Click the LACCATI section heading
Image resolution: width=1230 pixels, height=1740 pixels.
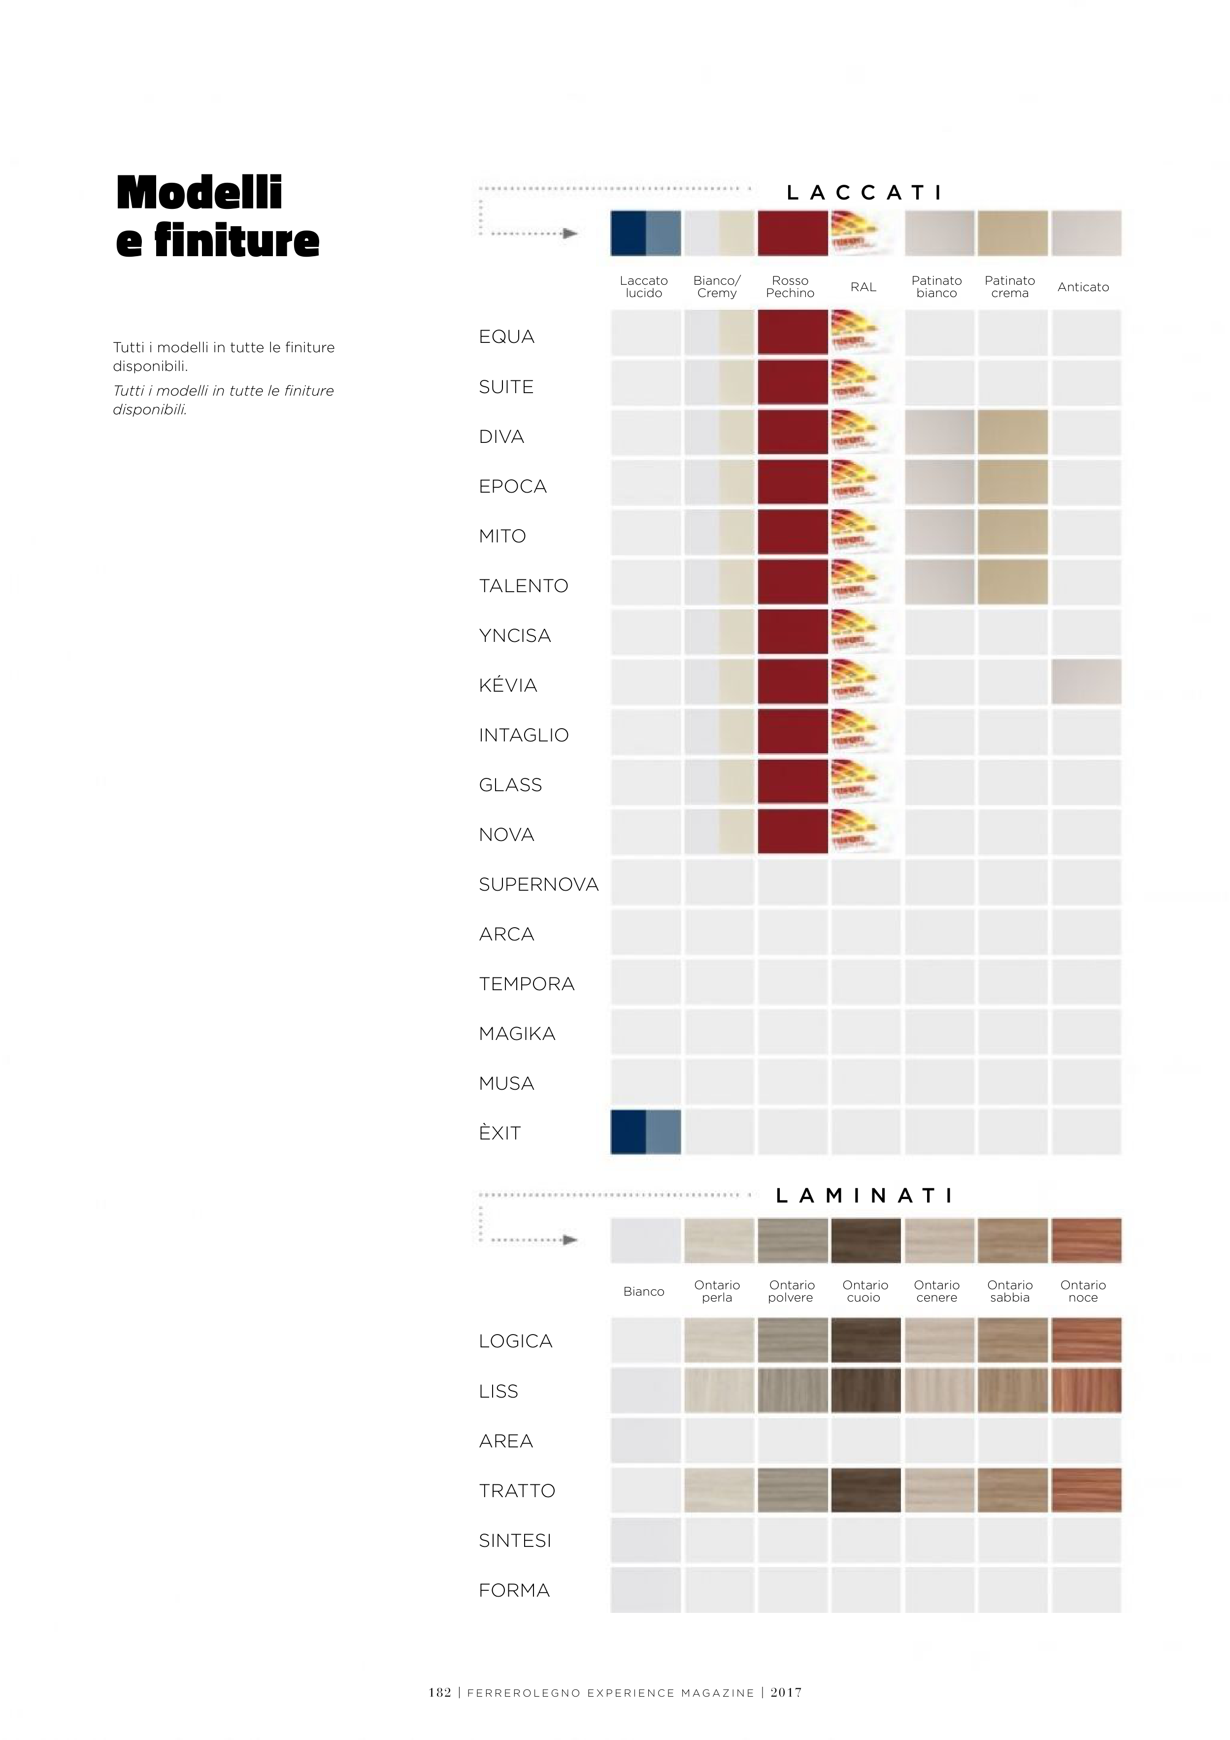(x=864, y=193)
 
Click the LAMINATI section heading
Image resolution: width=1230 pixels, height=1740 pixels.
(x=864, y=1195)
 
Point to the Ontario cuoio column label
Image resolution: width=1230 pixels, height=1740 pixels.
(x=864, y=1291)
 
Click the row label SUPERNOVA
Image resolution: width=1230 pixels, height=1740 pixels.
(x=539, y=884)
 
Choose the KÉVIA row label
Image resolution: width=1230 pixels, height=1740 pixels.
(x=508, y=685)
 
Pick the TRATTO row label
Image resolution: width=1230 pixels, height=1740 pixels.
(x=517, y=1491)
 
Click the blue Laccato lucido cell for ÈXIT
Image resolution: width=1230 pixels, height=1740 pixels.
(x=645, y=1132)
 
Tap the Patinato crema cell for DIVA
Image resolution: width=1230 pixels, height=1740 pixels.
(x=1012, y=433)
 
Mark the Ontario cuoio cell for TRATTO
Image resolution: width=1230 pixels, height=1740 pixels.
(x=865, y=1489)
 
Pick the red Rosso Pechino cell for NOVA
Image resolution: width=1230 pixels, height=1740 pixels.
(x=792, y=832)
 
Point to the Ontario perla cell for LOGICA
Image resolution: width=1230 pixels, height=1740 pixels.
(x=719, y=1340)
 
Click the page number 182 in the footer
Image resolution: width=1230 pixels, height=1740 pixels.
(x=439, y=1692)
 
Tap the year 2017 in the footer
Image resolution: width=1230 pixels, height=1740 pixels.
(x=786, y=1692)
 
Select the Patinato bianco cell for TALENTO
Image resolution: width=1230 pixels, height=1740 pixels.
(x=939, y=582)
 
